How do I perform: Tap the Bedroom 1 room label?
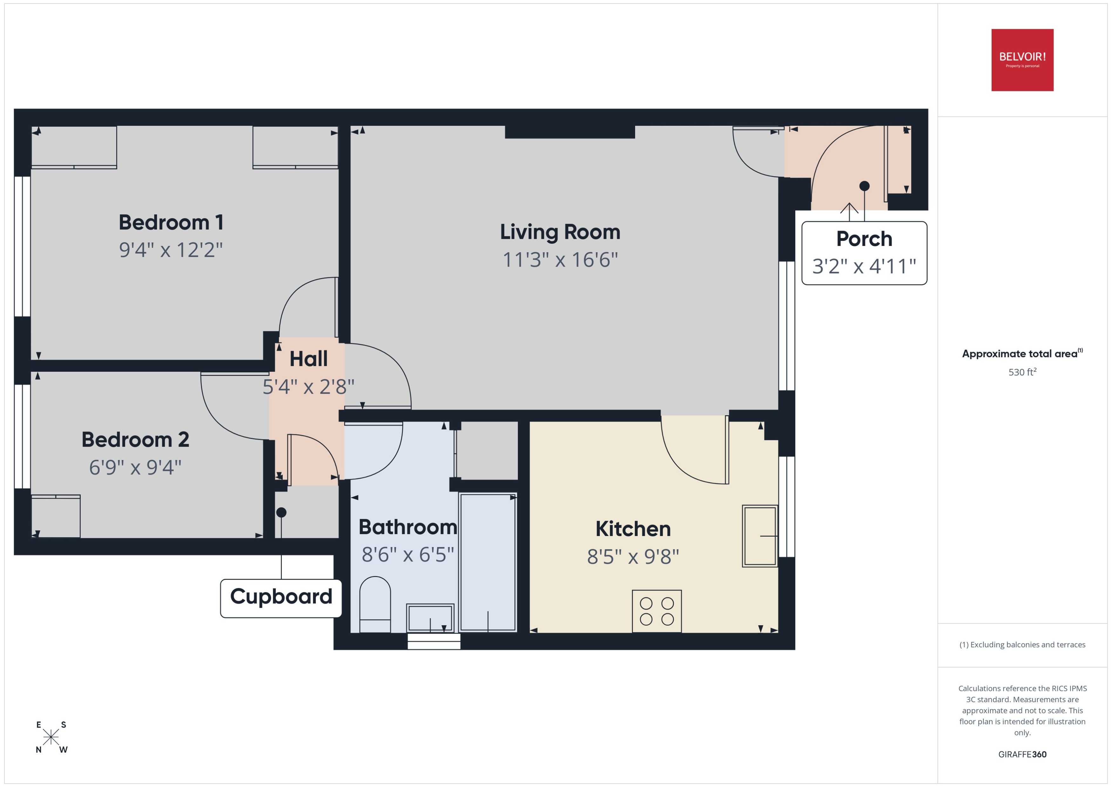pyautogui.click(x=171, y=222)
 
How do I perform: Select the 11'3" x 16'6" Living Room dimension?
pyautogui.click(x=560, y=260)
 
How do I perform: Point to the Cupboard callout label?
pyautogui.click(x=281, y=597)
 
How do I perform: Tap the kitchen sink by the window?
pyautogui.click(x=759, y=536)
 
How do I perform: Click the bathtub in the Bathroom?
pyautogui.click(x=487, y=562)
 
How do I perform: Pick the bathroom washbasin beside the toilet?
pyautogui.click(x=430, y=618)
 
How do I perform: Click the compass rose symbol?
pyautogui.click(x=51, y=737)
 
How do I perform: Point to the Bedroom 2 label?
pyautogui.click(x=135, y=439)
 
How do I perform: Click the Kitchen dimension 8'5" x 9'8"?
pyautogui.click(x=633, y=557)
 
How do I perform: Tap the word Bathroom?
pyautogui.click(x=408, y=527)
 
